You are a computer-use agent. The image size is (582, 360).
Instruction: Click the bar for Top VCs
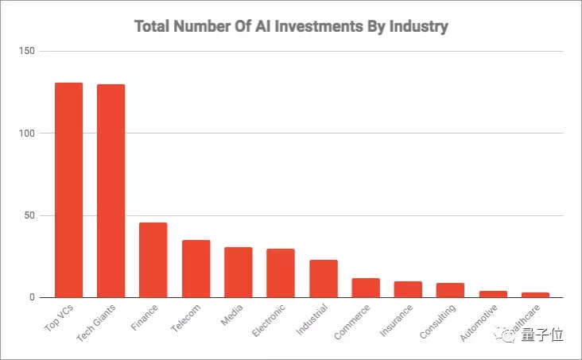[68, 190]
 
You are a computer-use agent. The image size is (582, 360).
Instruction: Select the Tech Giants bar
[111, 191]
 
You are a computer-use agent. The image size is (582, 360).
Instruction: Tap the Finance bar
[153, 260]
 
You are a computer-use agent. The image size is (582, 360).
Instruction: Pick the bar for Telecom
[196, 269]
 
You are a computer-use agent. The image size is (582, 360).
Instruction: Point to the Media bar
[238, 272]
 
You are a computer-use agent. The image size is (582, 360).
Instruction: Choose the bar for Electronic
[281, 273]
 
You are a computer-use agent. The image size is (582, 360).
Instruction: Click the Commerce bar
[366, 288]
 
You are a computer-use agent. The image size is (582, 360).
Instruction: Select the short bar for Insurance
[408, 289]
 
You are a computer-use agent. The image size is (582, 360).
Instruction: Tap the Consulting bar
[451, 290]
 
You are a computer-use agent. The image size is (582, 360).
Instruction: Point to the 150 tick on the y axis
[28, 51]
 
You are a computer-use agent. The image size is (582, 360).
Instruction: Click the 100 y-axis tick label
[28, 134]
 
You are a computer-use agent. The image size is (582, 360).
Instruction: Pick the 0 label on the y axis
[33, 298]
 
